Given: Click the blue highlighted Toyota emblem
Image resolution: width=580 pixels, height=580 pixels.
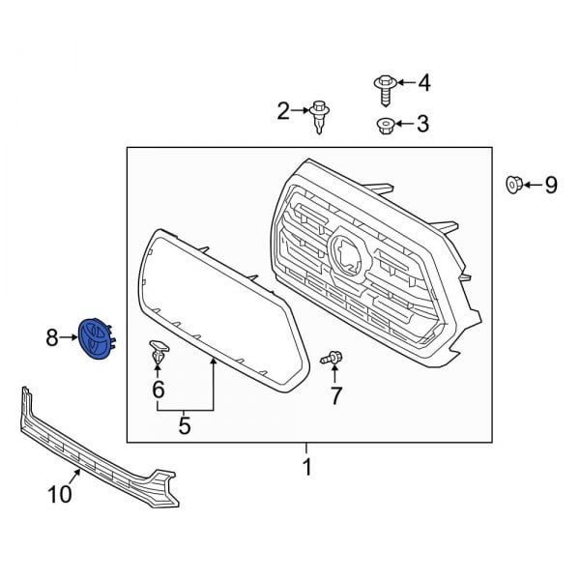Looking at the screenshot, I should [97, 337].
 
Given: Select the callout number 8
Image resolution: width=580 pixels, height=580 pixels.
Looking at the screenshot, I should [52, 337].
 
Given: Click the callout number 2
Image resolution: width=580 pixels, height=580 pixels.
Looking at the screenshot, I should [283, 113].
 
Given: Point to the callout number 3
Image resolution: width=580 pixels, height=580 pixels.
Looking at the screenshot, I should [421, 124].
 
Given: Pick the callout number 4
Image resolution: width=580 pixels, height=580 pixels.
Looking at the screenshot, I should [421, 83].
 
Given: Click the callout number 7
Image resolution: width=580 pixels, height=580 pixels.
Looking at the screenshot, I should [335, 394].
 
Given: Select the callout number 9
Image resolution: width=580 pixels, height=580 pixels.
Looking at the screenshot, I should [550, 185].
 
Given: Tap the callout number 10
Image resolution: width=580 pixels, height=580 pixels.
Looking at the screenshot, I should [60, 495].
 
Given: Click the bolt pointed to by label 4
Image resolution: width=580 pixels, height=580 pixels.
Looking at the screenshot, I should [382, 88].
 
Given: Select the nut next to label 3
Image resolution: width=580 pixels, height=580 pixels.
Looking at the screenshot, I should [383, 124].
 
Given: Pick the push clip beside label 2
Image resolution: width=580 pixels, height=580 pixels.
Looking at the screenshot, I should [319, 117].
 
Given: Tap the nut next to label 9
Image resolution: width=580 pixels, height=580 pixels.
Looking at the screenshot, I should [514, 184].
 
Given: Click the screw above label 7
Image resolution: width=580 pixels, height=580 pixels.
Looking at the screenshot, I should [332, 359].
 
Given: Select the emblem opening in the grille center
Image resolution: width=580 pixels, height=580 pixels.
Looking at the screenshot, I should [347, 254].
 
